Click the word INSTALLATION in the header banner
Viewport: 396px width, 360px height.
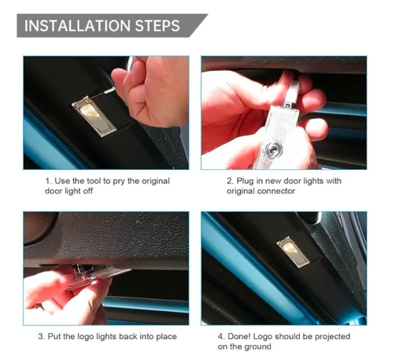(78, 26)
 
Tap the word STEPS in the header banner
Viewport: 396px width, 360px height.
(157, 26)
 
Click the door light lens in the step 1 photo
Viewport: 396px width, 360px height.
(95, 116)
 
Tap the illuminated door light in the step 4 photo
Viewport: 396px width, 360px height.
(293, 252)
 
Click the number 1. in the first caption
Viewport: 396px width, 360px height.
(48, 181)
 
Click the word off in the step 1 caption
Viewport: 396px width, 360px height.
(88, 191)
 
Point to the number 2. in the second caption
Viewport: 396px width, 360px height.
(230, 181)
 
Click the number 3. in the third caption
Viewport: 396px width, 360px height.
(42, 337)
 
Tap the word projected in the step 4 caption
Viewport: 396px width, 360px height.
(333, 337)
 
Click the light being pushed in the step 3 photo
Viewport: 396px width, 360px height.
(98, 276)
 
